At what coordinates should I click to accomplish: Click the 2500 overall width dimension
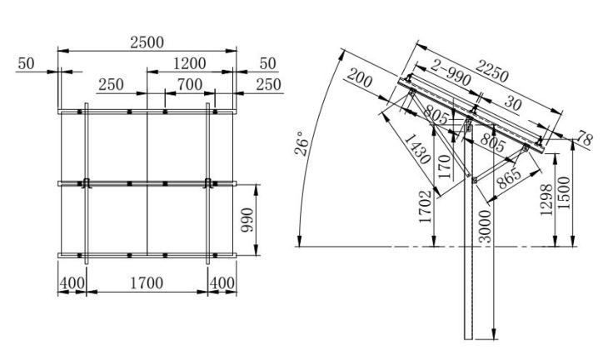[x=147, y=42]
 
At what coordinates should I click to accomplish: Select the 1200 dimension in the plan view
[x=191, y=63]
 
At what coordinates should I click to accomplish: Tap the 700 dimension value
[x=191, y=85]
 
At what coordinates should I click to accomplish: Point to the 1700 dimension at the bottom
[x=147, y=284]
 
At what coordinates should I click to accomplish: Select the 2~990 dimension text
[x=451, y=77]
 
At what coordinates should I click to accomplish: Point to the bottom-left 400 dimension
[x=72, y=284]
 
